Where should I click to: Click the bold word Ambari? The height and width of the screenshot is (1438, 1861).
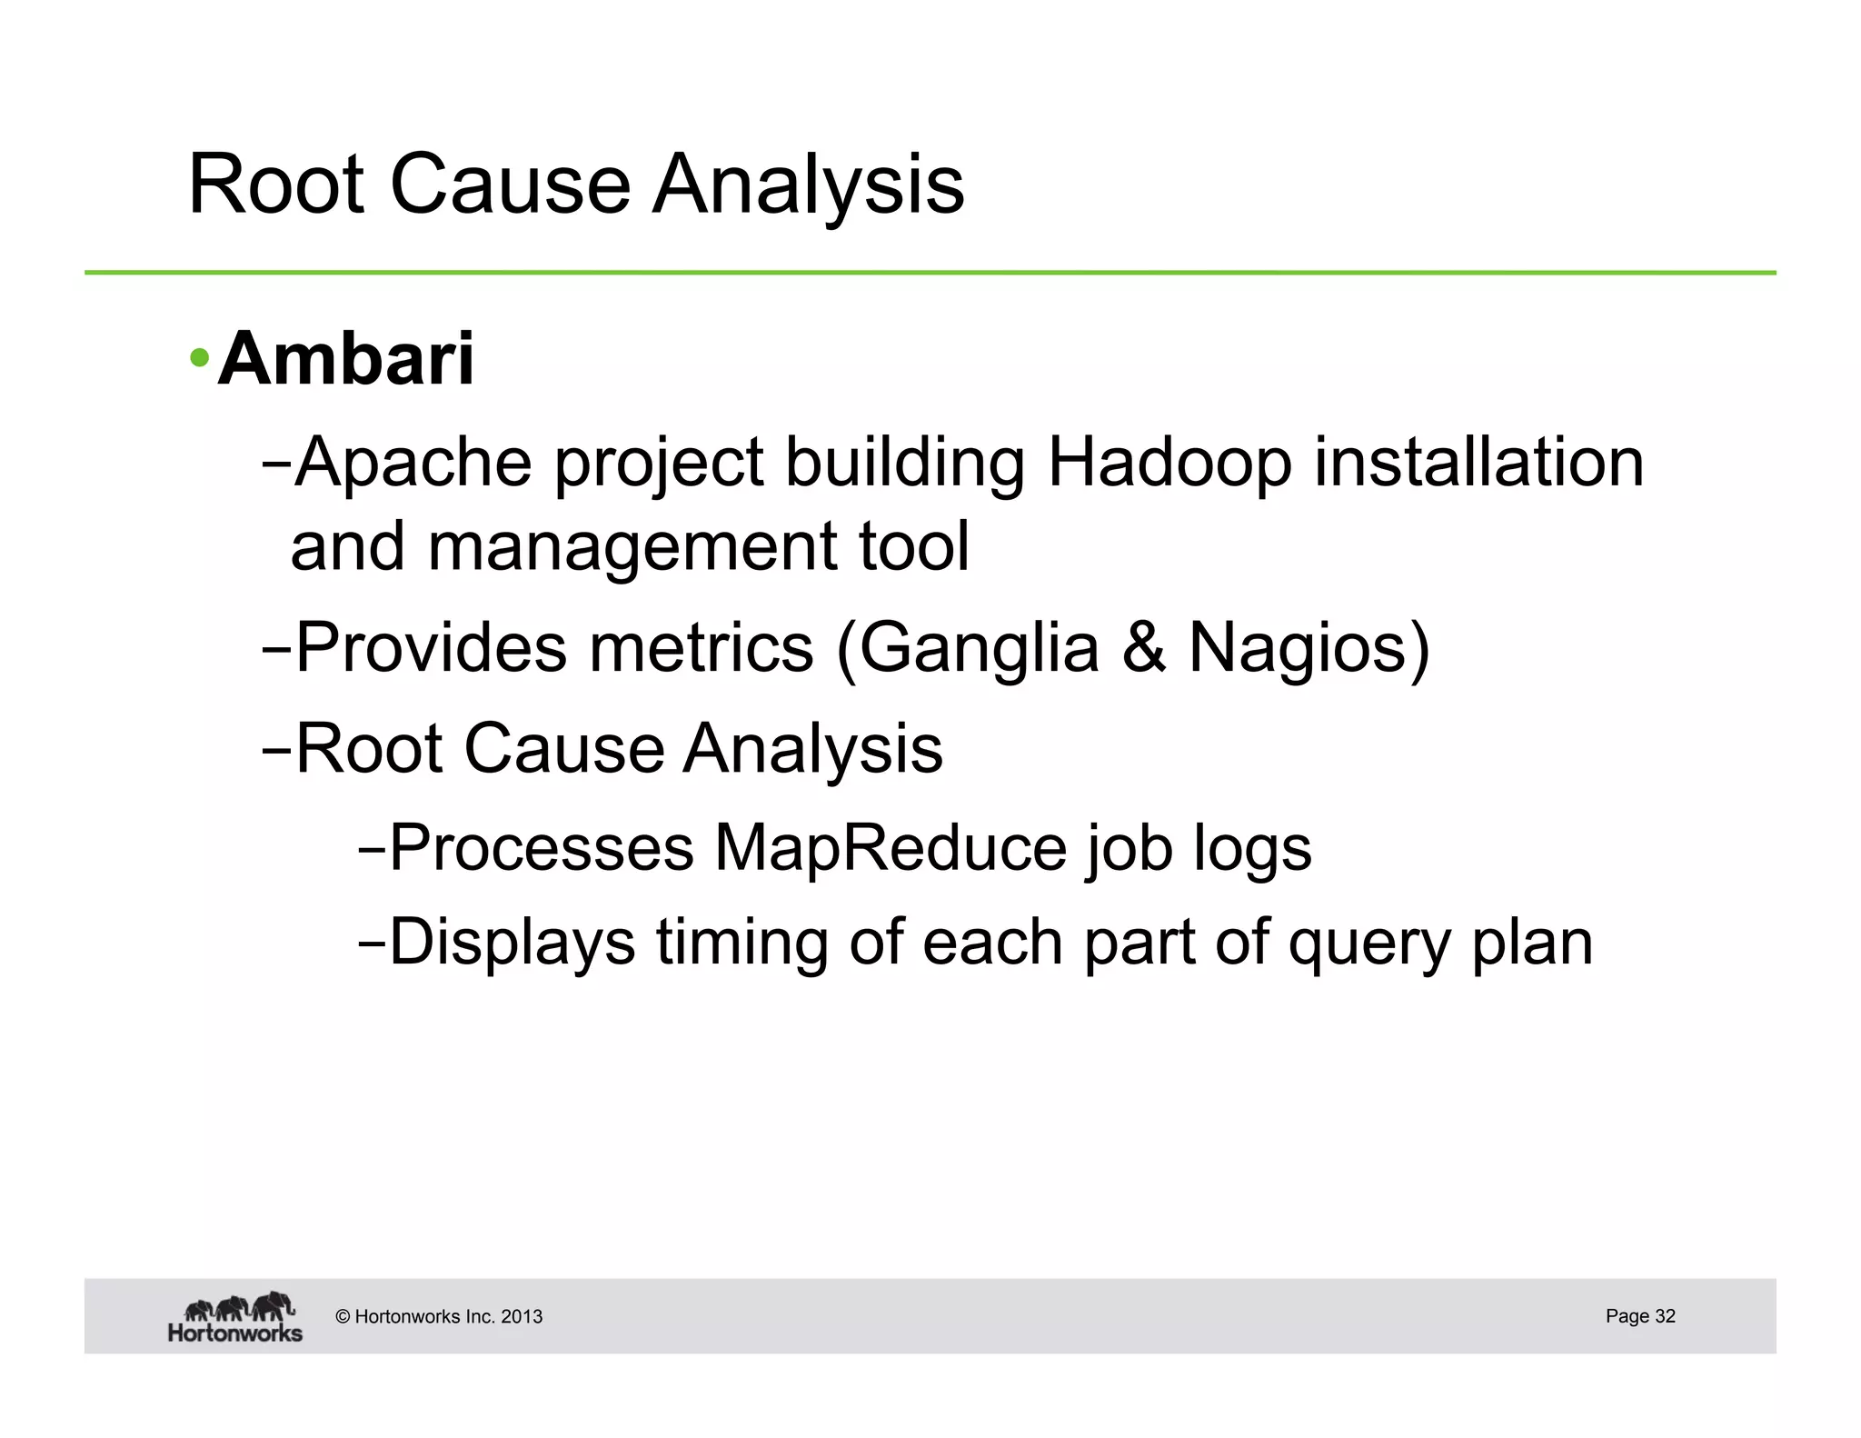click(345, 359)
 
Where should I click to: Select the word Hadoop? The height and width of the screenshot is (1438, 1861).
click(1169, 463)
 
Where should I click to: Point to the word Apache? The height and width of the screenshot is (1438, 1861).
click(413, 463)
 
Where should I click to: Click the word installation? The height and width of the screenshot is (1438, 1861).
click(1478, 463)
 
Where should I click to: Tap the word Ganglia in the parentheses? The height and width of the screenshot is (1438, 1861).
click(979, 648)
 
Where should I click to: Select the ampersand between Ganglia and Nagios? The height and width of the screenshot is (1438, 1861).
click(1144, 648)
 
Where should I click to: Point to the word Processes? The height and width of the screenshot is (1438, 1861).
click(542, 848)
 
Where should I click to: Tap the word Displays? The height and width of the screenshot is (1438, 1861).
click(513, 943)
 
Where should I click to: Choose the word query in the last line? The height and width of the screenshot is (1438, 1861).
click(1368, 943)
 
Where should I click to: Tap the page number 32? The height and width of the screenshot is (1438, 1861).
click(1665, 1315)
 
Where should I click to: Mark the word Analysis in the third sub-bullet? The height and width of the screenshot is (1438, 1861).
click(813, 749)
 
